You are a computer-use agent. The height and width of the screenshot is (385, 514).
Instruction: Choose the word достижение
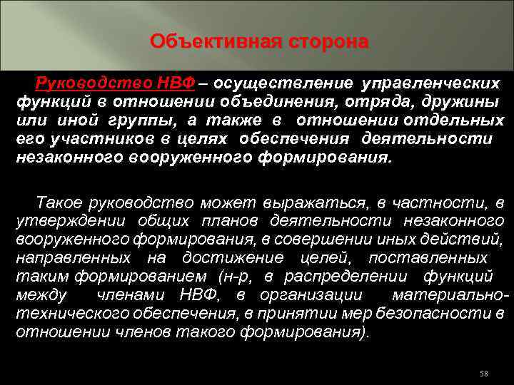coord(232,257)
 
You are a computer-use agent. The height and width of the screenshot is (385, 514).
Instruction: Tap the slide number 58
coord(484,374)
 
